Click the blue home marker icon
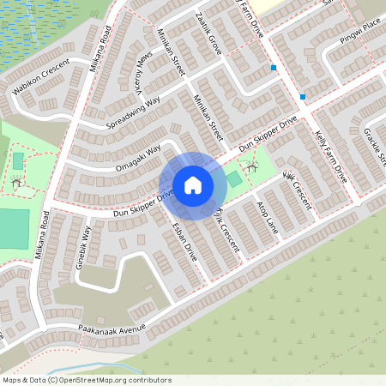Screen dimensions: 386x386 click(x=193, y=185)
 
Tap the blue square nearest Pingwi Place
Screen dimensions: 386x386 click(x=303, y=97)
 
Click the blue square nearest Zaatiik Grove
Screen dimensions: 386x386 click(x=273, y=68)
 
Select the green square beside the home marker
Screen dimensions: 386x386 click(x=233, y=178)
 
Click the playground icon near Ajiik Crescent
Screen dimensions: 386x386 click(x=251, y=166)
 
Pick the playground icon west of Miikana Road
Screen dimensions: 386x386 click(x=15, y=182)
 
